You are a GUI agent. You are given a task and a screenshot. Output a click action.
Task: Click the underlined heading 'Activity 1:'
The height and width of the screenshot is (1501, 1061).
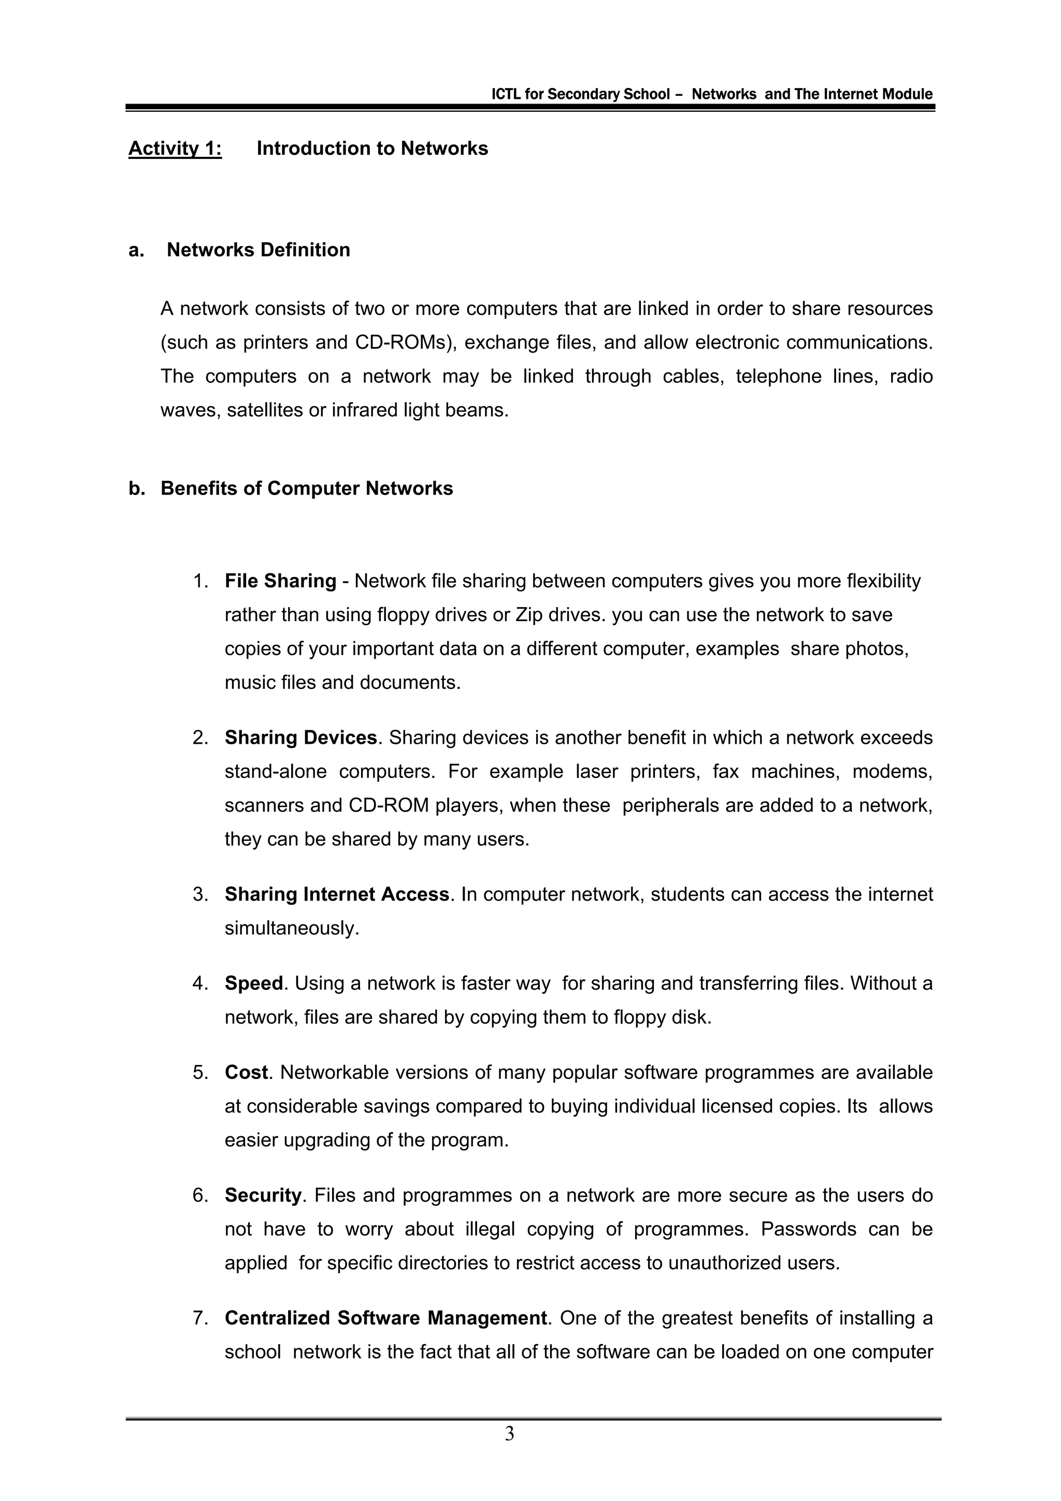coord(175,149)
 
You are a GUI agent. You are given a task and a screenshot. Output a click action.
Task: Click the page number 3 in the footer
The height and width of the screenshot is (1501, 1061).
coord(509,1434)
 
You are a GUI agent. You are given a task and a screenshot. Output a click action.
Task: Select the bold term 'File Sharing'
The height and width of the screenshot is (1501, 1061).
coord(280,581)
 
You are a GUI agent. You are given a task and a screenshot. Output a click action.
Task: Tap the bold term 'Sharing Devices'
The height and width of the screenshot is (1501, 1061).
coord(300,738)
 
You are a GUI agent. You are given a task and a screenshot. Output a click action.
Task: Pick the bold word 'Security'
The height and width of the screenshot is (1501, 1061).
coord(263,1195)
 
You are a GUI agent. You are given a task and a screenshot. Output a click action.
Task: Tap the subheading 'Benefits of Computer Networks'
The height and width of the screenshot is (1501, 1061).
coord(307,488)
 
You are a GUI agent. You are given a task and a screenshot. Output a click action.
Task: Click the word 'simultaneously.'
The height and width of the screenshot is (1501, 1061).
coord(292,928)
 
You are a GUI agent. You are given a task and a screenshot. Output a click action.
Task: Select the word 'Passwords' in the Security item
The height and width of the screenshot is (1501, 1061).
coord(808,1229)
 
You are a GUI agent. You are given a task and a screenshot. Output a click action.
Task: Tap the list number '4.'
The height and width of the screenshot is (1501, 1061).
coord(200,983)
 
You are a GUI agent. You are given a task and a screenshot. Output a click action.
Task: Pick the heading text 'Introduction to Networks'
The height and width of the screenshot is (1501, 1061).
coord(372,149)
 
